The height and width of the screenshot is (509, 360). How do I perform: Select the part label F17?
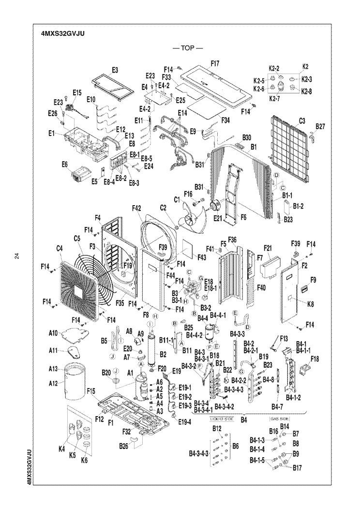point(215,63)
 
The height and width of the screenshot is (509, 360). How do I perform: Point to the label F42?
point(136,209)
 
